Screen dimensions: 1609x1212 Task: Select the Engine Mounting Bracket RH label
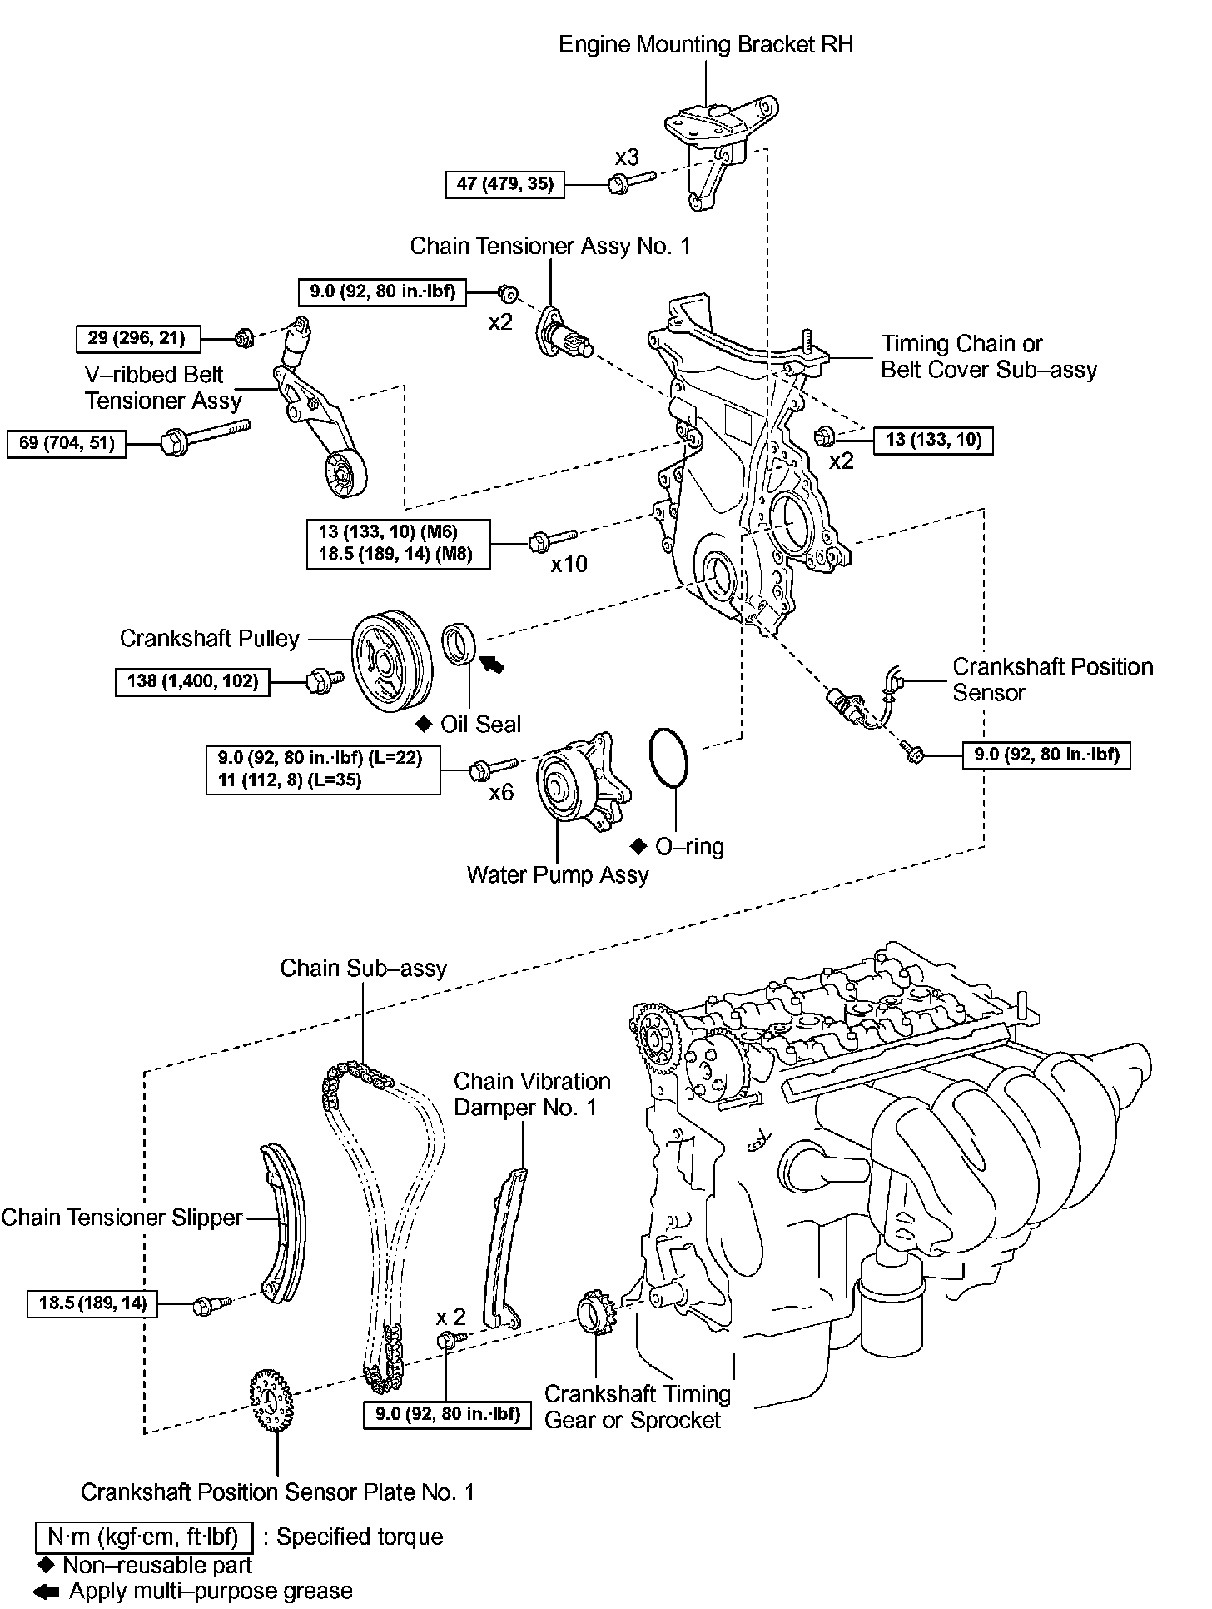706,44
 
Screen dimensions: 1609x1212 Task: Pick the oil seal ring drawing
459,643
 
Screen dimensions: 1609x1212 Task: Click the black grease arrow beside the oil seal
493,663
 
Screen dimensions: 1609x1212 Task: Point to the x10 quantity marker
569,565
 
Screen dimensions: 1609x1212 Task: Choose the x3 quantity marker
627,157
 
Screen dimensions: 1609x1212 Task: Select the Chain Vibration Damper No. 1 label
532,1094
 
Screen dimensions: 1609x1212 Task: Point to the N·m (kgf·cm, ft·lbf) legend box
143,1537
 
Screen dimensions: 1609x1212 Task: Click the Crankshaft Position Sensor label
1052,680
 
